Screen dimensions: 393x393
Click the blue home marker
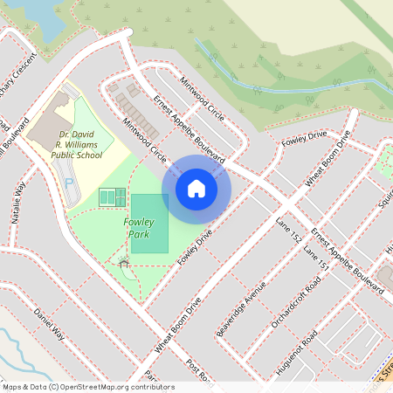196,188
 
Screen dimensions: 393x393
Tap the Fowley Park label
140,228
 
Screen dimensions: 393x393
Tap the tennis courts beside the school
110,199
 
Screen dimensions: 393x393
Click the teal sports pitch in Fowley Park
149,224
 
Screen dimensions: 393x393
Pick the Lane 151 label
315,259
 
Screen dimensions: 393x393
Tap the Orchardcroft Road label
296,302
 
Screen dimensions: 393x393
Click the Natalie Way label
19,202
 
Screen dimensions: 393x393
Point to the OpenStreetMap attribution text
88,387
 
